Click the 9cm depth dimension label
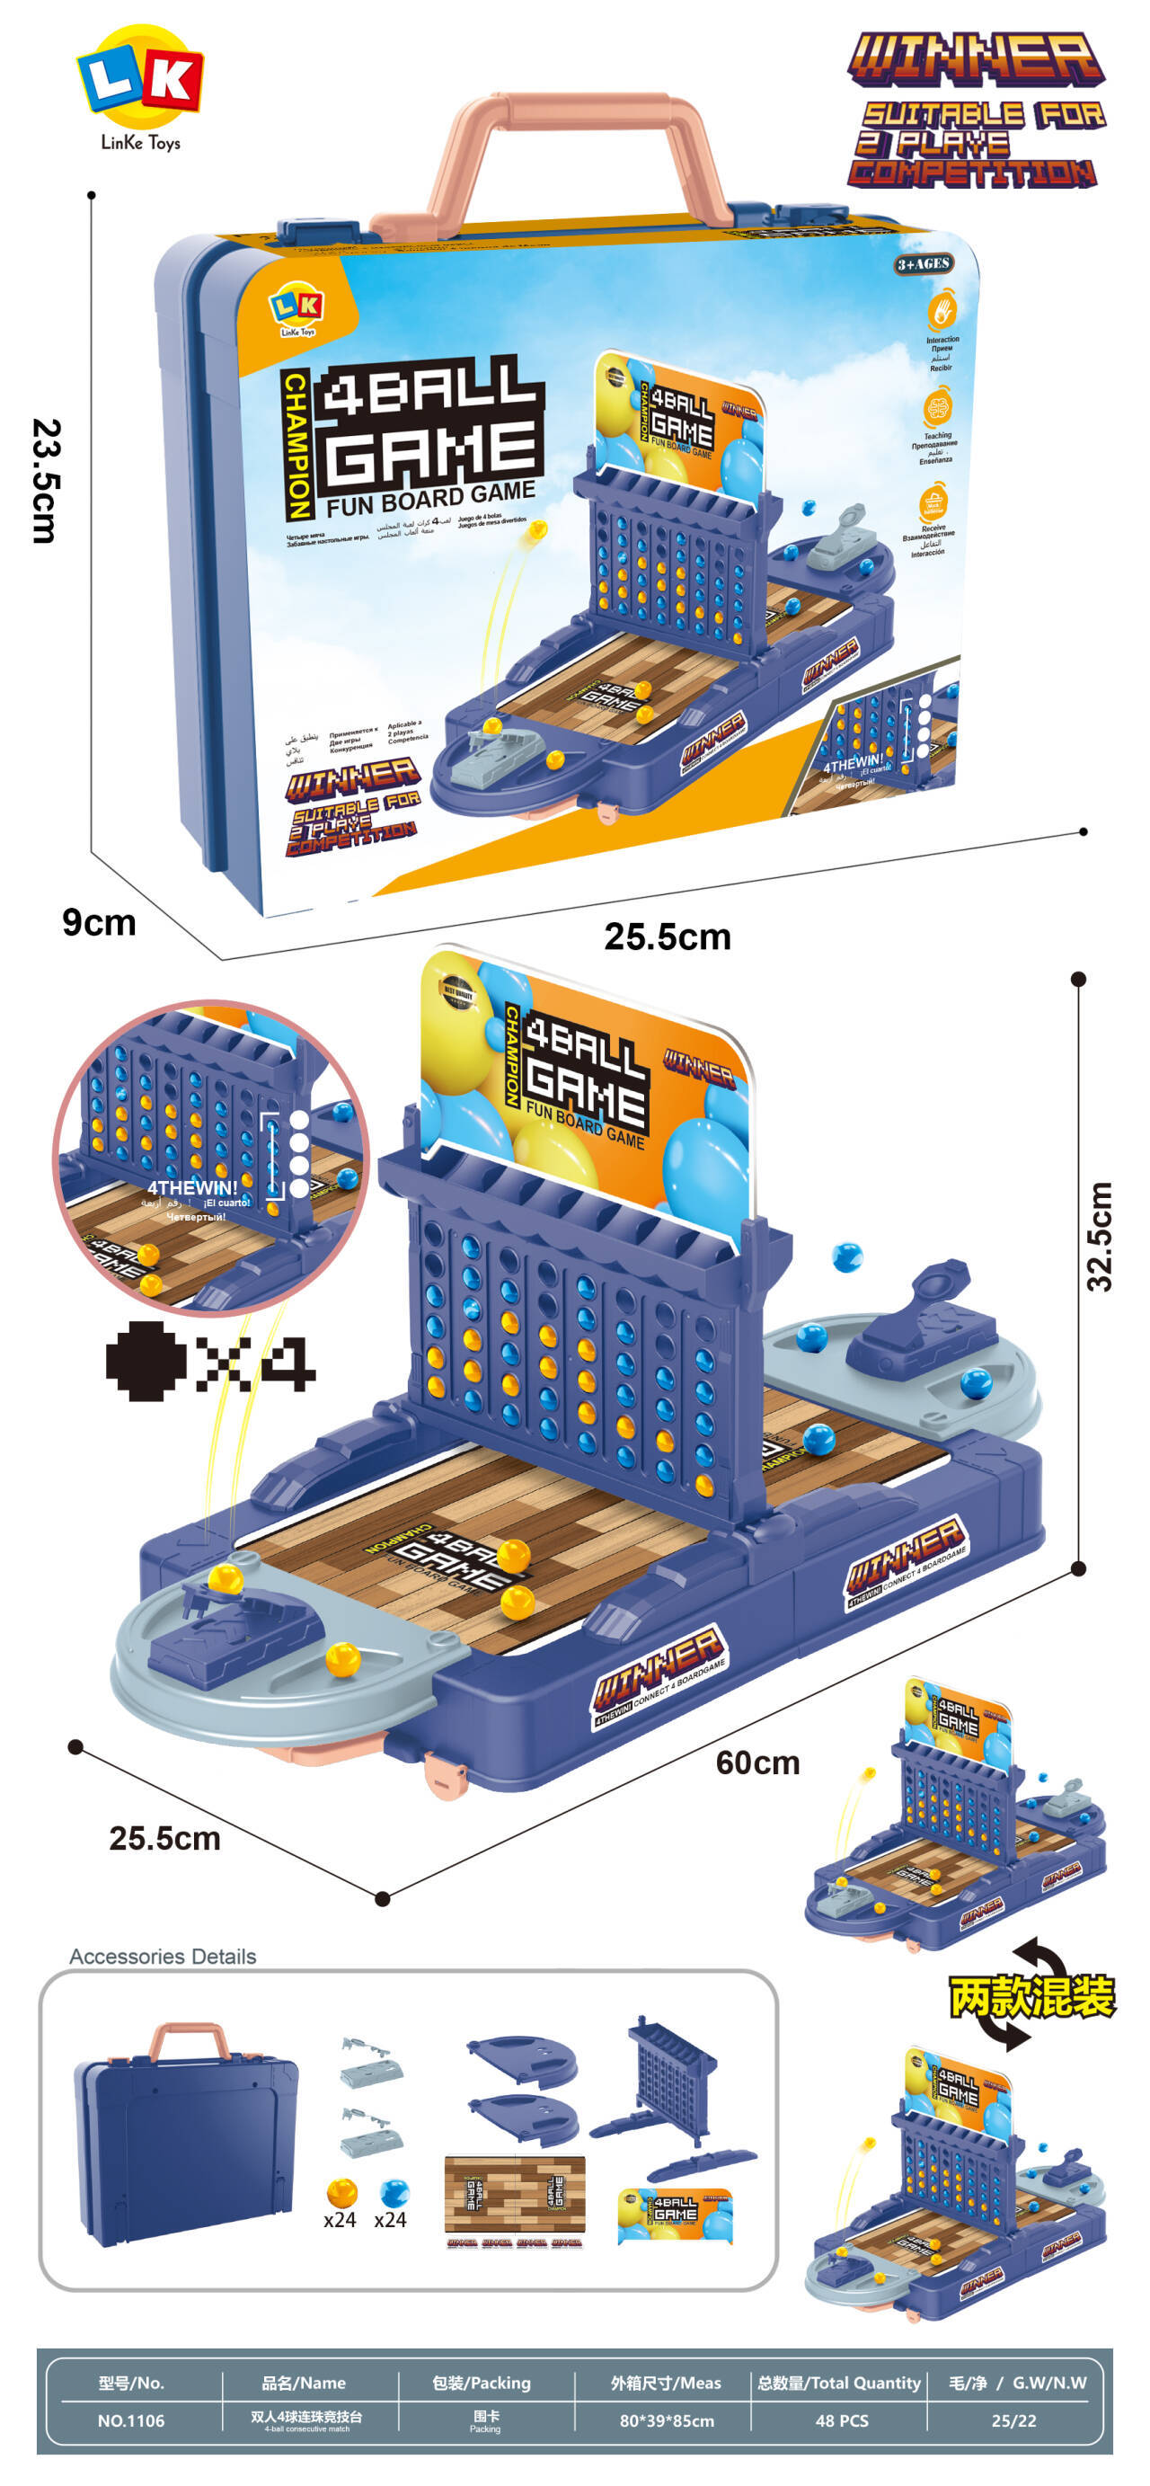(x=99, y=923)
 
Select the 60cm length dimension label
(x=757, y=1763)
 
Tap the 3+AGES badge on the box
(x=924, y=264)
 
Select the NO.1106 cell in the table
(x=131, y=2420)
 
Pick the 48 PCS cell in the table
(x=841, y=2420)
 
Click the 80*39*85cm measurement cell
(x=667, y=2420)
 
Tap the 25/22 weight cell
(x=1013, y=2420)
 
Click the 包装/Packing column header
(x=481, y=2383)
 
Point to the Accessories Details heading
(x=163, y=1957)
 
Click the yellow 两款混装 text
(x=1031, y=1997)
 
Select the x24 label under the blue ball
(x=390, y=2220)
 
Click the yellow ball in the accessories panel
(x=341, y=2193)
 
